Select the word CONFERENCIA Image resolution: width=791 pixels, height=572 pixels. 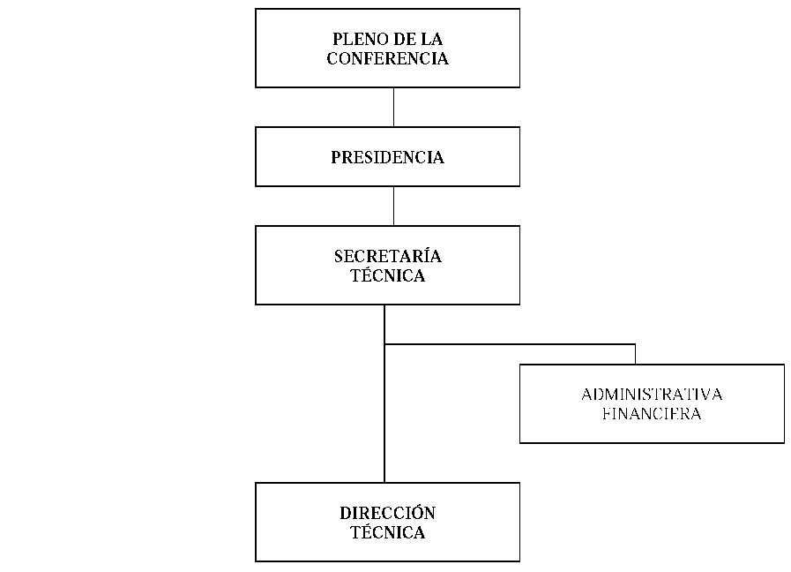click(387, 58)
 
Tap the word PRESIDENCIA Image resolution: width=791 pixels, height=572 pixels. click(387, 157)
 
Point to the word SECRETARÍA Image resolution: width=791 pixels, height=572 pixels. click(387, 256)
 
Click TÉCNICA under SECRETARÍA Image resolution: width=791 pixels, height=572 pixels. click(387, 275)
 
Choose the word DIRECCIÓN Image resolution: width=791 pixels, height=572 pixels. click(387, 513)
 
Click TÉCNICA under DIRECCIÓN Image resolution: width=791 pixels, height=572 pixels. click(387, 532)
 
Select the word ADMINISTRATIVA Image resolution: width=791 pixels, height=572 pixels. click(652, 395)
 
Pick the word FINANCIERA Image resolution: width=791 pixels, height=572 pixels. click(652, 413)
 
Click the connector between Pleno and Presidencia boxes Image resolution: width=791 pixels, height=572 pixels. click(393, 107)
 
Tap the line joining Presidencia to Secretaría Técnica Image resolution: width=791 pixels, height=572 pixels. click(393, 206)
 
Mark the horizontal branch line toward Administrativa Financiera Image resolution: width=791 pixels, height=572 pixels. click(510, 344)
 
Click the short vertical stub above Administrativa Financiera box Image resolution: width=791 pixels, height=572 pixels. click(635, 354)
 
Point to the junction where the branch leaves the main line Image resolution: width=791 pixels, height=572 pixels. click(384, 344)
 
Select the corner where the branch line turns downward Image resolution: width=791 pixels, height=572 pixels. click(635, 344)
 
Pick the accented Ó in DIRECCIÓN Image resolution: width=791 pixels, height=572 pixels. click(417, 513)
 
